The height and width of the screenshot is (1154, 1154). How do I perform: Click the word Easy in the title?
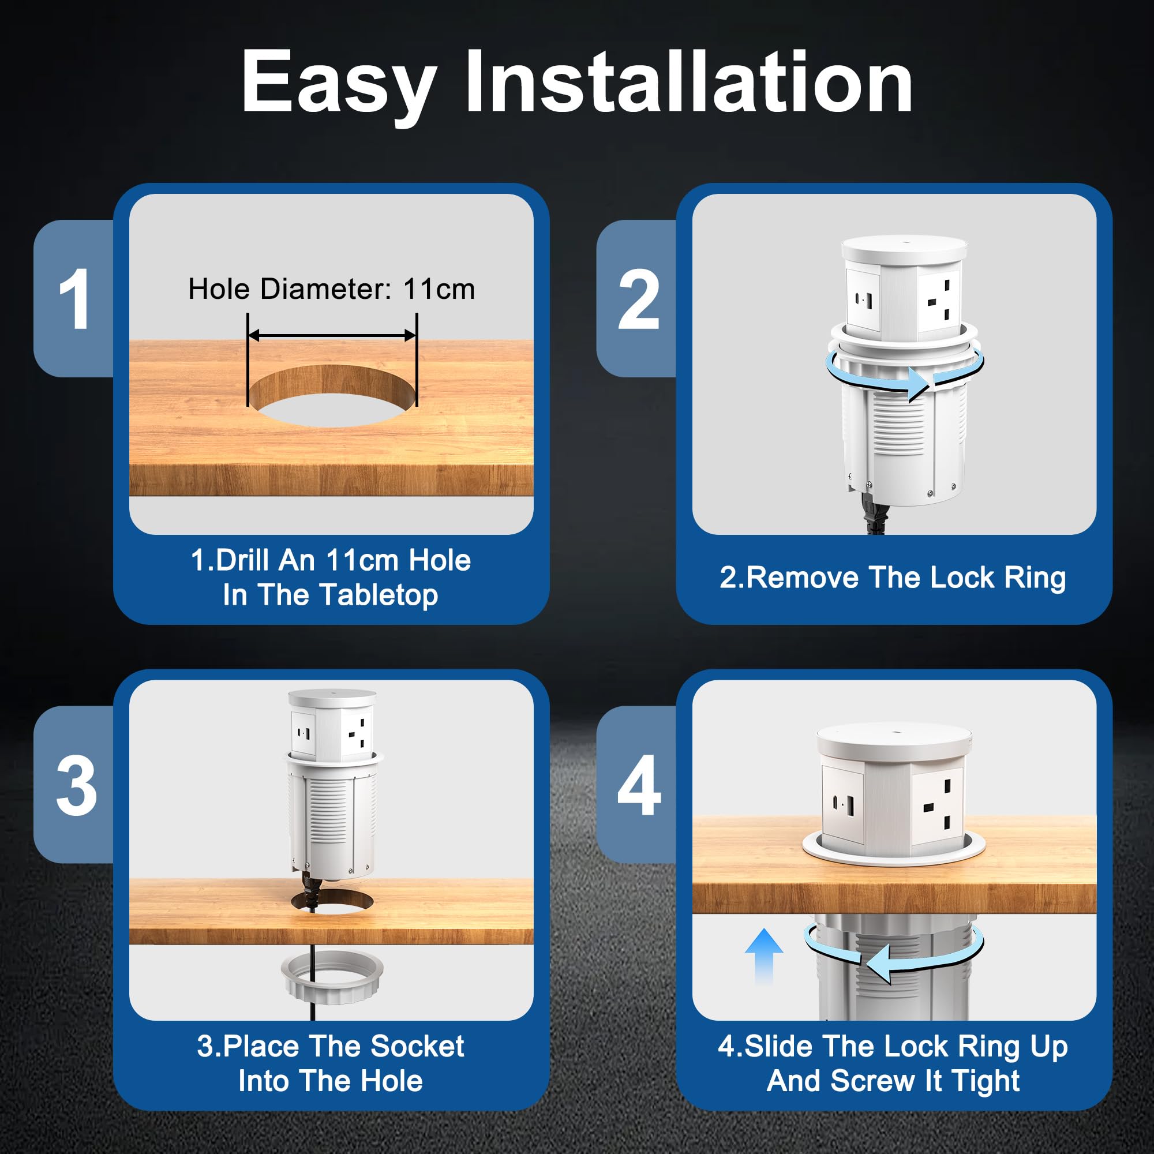point(339,84)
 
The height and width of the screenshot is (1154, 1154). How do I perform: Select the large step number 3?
point(77,785)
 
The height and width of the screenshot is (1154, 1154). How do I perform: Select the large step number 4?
point(639,785)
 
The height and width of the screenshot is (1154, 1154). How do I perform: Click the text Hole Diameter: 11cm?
point(332,289)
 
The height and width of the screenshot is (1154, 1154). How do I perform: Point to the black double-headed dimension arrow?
point(332,335)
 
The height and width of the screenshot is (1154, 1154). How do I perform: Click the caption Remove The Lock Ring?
point(893,578)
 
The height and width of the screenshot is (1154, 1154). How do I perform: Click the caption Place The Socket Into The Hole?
point(330,1063)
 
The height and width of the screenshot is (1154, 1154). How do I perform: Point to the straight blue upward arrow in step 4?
point(764,956)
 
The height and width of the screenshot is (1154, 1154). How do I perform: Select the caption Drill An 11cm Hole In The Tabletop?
point(330,577)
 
